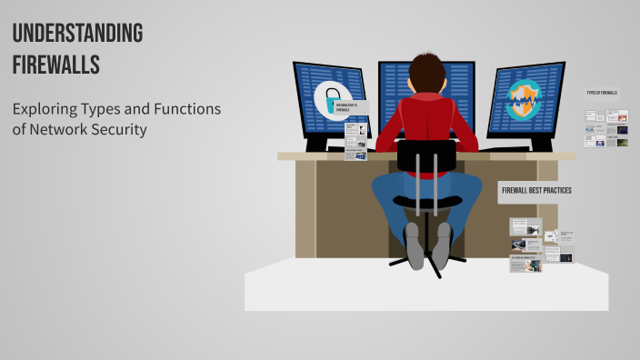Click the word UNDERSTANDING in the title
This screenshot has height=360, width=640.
click(x=77, y=34)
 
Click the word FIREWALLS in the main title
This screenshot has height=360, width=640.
click(x=55, y=65)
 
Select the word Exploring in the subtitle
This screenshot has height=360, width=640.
click(x=45, y=109)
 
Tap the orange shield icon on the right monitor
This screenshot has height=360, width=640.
click(x=524, y=100)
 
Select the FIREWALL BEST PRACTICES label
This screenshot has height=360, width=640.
click(x=535, y=190)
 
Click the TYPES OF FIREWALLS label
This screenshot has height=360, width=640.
click(x=603, y=93)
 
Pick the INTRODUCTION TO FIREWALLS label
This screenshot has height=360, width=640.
click(x=346, y=107)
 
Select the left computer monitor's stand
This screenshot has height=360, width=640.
click(x=319, y=143)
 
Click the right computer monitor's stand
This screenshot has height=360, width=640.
click(x=542, y=144)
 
